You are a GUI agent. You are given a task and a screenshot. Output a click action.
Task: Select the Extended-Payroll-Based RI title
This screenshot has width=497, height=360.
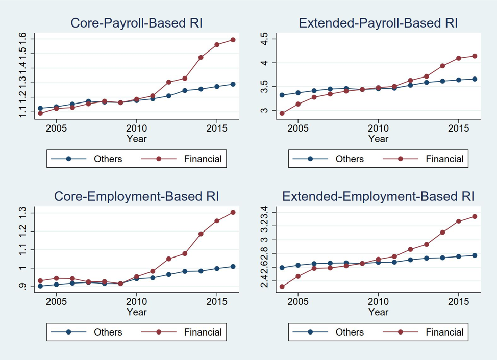[378, 23]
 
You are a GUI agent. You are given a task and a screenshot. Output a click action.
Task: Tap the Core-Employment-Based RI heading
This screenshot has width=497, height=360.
[136, 196]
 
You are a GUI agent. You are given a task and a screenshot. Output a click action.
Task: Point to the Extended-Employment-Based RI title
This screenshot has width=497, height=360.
[378, 196]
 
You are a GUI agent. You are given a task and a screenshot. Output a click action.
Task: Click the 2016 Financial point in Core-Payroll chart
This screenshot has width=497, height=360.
[233, 39]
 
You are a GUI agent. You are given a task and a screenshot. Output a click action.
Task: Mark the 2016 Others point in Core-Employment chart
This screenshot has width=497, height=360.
[233, 266]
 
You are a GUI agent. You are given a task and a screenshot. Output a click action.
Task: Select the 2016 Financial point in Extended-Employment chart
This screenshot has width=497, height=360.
[475, 216]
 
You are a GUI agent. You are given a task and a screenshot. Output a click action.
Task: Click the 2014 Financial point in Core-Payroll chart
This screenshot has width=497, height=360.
[201, 57]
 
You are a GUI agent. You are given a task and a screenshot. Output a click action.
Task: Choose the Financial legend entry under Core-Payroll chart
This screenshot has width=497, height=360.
[203, 159]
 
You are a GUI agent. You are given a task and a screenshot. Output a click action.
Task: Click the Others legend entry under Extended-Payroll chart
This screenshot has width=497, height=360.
[350, 159]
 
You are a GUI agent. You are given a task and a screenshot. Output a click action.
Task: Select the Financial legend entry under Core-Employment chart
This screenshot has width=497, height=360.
[203, 332]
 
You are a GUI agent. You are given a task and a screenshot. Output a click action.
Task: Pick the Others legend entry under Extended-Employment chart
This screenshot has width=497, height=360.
[350, 332]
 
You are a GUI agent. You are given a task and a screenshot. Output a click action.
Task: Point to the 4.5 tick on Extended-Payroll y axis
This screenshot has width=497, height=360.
[264, 39]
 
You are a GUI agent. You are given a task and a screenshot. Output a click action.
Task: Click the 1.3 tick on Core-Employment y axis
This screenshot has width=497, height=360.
[22, 213]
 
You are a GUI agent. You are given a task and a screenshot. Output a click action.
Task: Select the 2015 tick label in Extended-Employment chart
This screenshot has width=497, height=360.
[458, 301]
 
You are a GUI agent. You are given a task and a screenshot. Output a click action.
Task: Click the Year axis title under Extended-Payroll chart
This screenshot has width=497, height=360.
[378, 139]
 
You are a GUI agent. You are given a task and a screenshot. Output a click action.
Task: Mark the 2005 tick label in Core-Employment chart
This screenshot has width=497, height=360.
[56, 301]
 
